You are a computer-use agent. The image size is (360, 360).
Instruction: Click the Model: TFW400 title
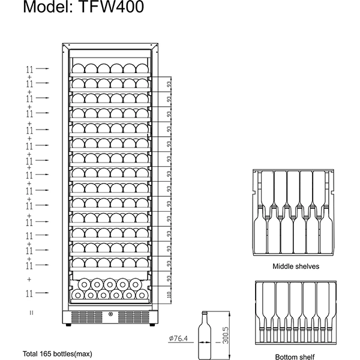(83, 7)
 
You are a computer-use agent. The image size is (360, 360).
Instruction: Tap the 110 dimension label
(169, 295)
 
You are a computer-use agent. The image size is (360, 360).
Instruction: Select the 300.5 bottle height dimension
(226, 335)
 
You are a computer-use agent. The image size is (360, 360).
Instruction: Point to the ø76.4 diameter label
(178, 338)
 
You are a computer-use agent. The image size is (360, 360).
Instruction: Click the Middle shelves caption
(296, 266)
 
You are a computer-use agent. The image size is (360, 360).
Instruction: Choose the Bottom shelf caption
(295, 357)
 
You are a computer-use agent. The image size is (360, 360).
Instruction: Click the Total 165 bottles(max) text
(58, 354)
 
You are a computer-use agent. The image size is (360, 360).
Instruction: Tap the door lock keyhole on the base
(111, 314)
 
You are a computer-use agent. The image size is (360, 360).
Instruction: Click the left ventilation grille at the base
(87, 317)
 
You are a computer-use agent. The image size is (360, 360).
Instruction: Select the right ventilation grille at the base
(133, 317)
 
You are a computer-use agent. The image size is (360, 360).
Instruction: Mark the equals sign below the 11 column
(31, 313)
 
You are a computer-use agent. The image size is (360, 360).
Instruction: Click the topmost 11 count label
(29, 69)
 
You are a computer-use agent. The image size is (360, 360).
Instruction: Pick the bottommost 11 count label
(29, 293)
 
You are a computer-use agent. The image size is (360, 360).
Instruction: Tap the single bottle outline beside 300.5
(205, 335)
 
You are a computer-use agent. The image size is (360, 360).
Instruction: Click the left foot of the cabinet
(68, 325)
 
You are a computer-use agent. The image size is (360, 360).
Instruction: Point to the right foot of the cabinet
(152, 325)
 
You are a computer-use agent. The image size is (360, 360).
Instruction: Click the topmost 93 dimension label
(169, 85)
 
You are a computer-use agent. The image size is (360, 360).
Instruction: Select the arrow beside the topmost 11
(43, 68)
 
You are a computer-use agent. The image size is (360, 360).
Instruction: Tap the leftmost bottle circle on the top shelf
(78, 68)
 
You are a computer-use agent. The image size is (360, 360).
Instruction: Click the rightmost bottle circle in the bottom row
(142, 295)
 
